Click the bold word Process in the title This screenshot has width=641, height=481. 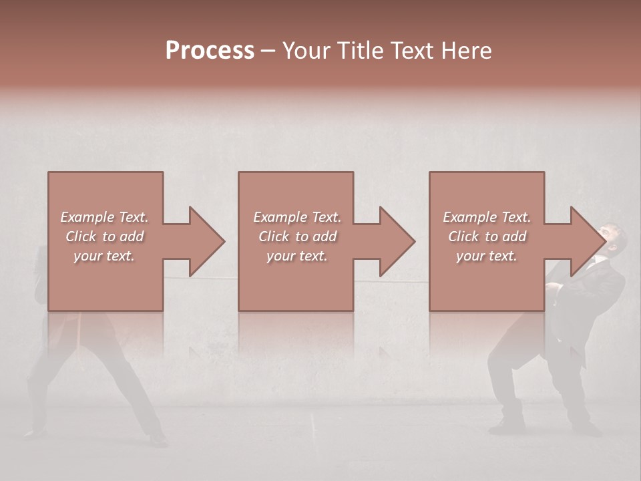click(x=210, y=51)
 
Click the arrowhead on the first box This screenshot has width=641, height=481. click(x=206, y=241)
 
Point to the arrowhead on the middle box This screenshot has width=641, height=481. click(x=397, y=241)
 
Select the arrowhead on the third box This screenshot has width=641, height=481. click(x=588, y=241)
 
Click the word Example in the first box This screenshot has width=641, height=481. click(x=87, y=217)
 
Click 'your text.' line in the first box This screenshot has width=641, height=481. click(x=104, y=256)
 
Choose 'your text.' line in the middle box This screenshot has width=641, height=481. click(x=297, y=256)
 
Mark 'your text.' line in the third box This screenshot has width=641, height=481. click(x=487, y=256)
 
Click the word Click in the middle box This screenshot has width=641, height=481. click(x=273, y=236)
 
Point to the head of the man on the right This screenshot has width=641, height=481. click(x=612, y=236)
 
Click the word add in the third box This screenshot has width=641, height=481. click(x=515, y=236)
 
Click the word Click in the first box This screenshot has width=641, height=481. click(x=80, y=236)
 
